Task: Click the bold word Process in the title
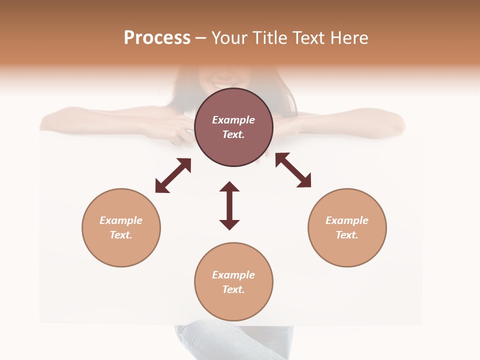pos(157,38)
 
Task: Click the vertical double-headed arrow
pos(229,205)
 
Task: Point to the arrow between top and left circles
pos(173,175)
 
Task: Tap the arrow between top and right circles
pos(293,170)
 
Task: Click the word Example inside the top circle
pos(233,120)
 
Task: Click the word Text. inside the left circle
pos(121,235)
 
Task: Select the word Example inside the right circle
pos(347,220)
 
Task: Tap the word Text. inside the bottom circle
pos(233,289)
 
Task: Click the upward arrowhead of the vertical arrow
pos(229,187)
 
